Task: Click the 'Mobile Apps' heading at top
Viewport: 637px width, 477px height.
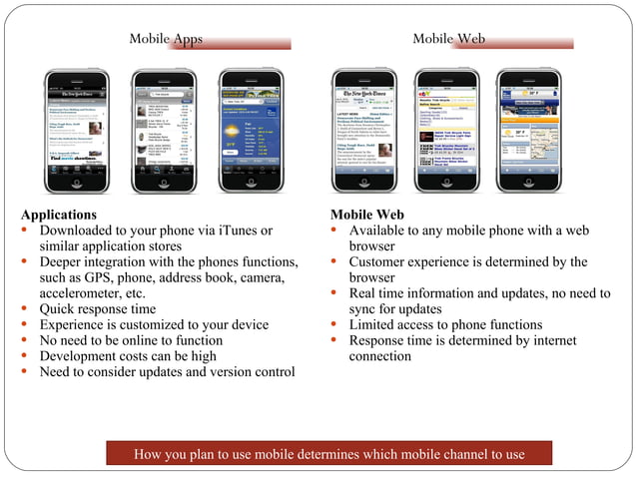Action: [x=166, y=39]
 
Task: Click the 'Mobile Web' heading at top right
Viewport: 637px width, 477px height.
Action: [x=448, y=39]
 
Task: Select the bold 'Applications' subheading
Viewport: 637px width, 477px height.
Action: [x=59, y=215]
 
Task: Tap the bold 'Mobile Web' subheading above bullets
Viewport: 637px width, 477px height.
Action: [x=366, y=215]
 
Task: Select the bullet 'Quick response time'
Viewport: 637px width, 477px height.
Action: [x=97, y=309]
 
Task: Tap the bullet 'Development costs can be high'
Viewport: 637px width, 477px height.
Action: [x=127, y=356]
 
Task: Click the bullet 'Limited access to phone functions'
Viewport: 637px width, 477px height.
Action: [x=445, y=324]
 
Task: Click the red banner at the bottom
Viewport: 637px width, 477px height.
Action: [x=330, y=454]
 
